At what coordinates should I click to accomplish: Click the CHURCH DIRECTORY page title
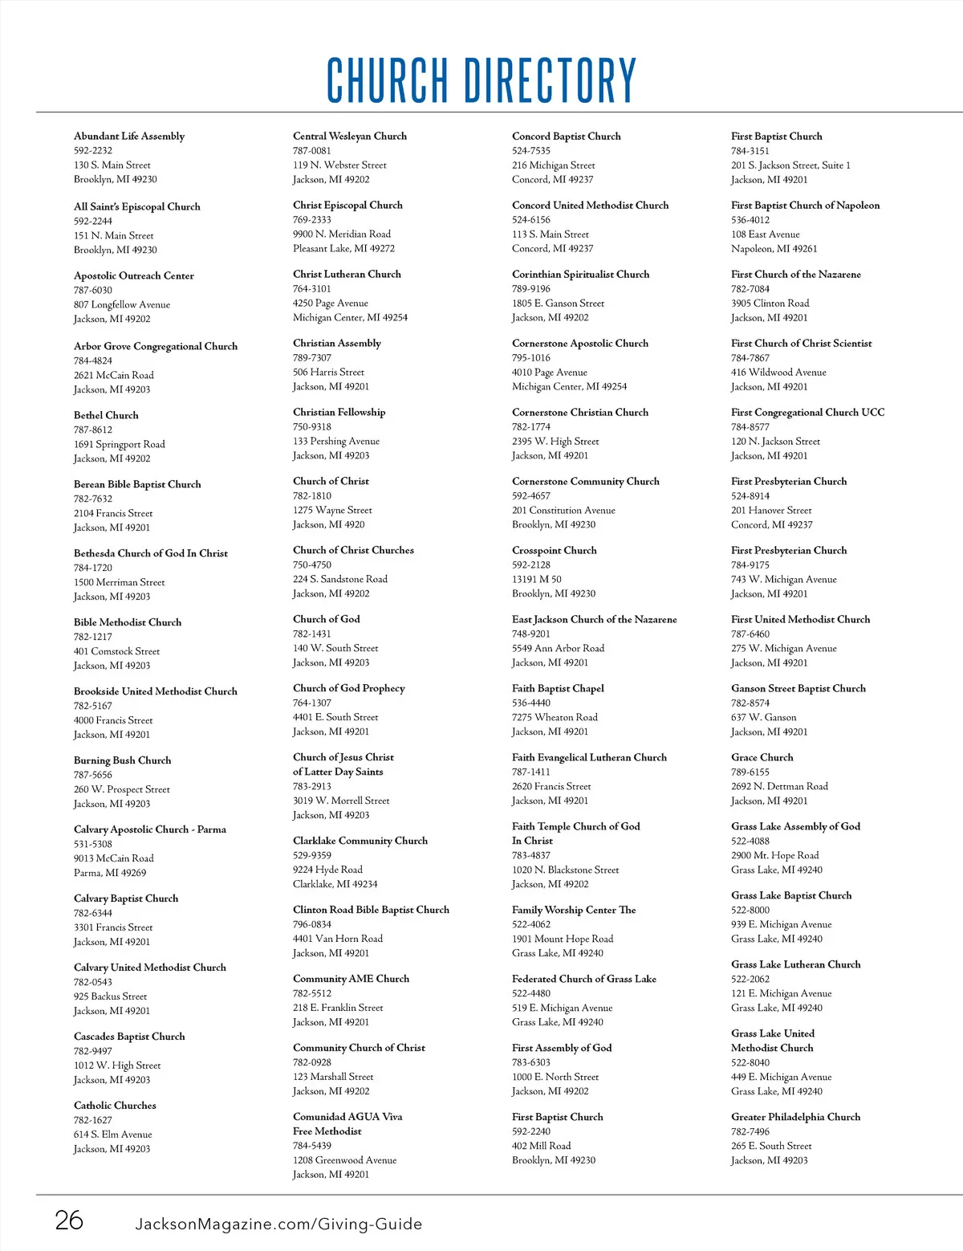(x=481, y=79)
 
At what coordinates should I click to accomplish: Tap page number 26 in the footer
(x=69, y=1220)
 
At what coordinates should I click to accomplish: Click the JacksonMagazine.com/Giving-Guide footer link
(x=278, y=1224)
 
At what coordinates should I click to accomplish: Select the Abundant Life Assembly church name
(x=129, y=137)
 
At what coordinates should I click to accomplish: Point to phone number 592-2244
(x=93, y=221)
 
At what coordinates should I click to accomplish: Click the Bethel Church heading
(x=106, y=415)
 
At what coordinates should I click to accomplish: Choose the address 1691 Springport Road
(x=120, y=444)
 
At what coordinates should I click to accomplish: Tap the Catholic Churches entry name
(x=115, y=1106)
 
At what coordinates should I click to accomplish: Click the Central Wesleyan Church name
(x=350, y=137)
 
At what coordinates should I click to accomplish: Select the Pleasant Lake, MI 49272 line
(x=343, y=248)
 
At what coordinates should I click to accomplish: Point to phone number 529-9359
(x=312, y=855)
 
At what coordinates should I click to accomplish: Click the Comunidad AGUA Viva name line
(x=347, y=1117)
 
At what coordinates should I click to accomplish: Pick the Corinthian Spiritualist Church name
(x=580, y=275)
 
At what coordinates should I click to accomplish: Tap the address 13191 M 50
(x=537, y=579)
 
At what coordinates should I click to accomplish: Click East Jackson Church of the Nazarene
(x=594, y=619)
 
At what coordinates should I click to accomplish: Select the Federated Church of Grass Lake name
(x=583, y=979)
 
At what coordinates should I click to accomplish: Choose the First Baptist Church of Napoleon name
(x=805, y=206)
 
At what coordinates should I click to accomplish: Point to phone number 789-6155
(x=750, y=772)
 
